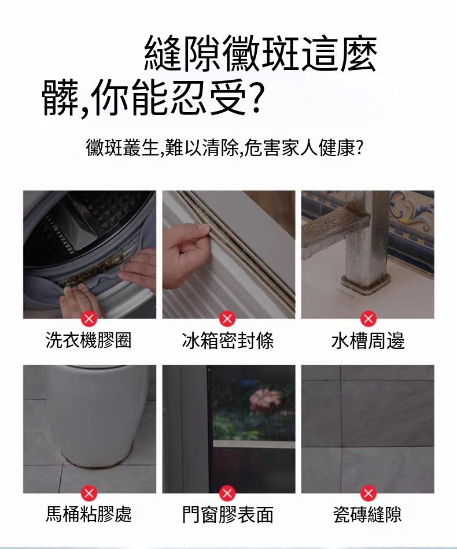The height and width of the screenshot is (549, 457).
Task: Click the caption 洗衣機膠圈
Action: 89,340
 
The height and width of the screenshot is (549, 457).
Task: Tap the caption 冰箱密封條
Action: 228,340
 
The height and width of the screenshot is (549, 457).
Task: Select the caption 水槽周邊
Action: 368,340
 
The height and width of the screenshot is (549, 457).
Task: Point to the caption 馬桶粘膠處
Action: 89,514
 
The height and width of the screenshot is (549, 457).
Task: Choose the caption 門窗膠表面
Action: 228,514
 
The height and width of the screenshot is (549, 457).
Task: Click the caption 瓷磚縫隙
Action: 368,514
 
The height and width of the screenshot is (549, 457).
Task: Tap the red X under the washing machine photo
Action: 89,318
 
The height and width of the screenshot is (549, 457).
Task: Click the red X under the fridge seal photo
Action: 227,318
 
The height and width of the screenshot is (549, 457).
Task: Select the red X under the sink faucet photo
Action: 368,318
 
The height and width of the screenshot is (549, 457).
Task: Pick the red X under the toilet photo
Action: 89,493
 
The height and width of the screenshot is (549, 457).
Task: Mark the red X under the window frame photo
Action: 227,493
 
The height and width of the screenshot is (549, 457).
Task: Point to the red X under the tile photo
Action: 368,493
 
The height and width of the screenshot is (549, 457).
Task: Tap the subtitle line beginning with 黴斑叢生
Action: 224,147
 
